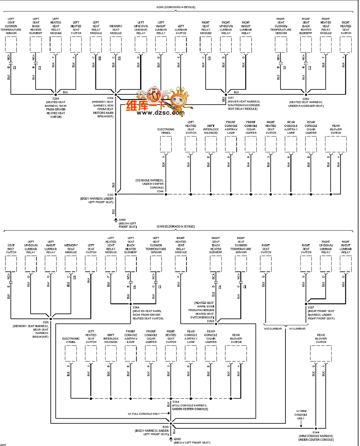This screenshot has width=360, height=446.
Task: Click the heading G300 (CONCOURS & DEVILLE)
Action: tap(176, 7)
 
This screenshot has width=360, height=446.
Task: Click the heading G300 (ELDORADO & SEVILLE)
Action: tap(176, 227)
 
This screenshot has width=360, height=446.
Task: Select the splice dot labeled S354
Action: tap(116, 94)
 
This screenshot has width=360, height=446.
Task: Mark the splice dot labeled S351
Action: tap(51, 318)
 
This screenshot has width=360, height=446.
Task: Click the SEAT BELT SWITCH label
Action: tap(11, 249)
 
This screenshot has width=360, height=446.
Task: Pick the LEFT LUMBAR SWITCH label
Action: tap(181, 30)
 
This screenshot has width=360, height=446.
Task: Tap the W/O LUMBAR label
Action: tap(273, 329)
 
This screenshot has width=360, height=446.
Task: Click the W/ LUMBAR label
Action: tap(297, 329)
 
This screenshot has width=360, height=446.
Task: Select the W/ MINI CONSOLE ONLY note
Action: tap(301, 415)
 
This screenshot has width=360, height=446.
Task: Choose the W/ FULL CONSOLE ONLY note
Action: tap(144, 414)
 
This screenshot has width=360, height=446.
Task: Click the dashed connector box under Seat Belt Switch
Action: tap(11, 264)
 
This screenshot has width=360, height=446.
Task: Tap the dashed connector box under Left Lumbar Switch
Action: tap(181, 44)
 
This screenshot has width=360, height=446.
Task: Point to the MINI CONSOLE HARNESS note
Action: tap(316, 438)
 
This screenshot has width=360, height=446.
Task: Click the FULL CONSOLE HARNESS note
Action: tap(190, 407)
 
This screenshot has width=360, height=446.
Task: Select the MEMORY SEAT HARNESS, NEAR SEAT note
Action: tap(31, 330)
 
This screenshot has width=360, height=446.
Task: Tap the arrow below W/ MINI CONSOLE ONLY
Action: tap(301, 424)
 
